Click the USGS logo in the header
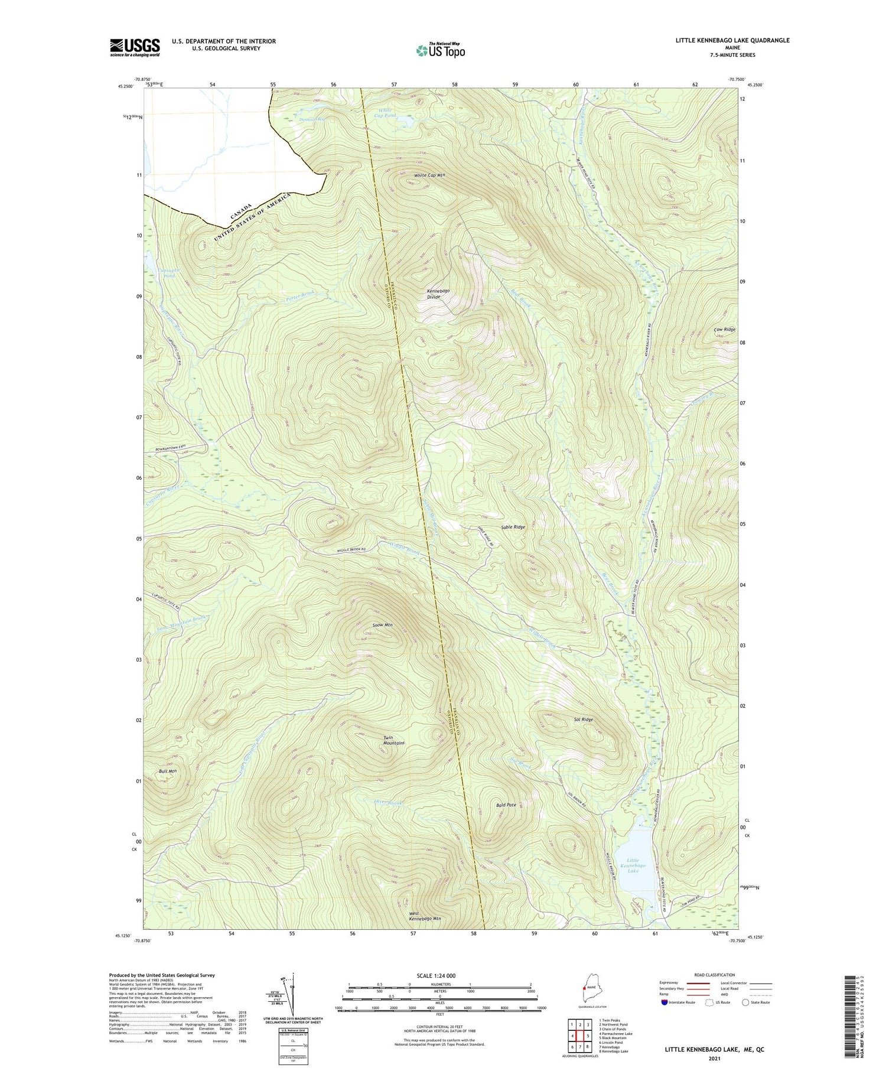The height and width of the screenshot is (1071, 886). pyautogui.click(x=135, y=47)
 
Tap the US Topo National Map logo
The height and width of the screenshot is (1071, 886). pyautogui.click(x=440, y=50)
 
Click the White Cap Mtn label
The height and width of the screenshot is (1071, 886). pyautogui.click(x=429, y=175)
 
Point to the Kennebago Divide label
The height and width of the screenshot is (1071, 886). pyautogui.click(x=438, y=294)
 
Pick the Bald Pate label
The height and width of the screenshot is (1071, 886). pyautogui.click(x=506, y=805)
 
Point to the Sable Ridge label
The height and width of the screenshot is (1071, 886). pyautogui.click(x=513, y=527)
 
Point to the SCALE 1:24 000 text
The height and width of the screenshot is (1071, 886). pyautogui.click(x=439, y=975)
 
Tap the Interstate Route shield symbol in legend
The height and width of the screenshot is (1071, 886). pyautogui.click(x=664, y=1002)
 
